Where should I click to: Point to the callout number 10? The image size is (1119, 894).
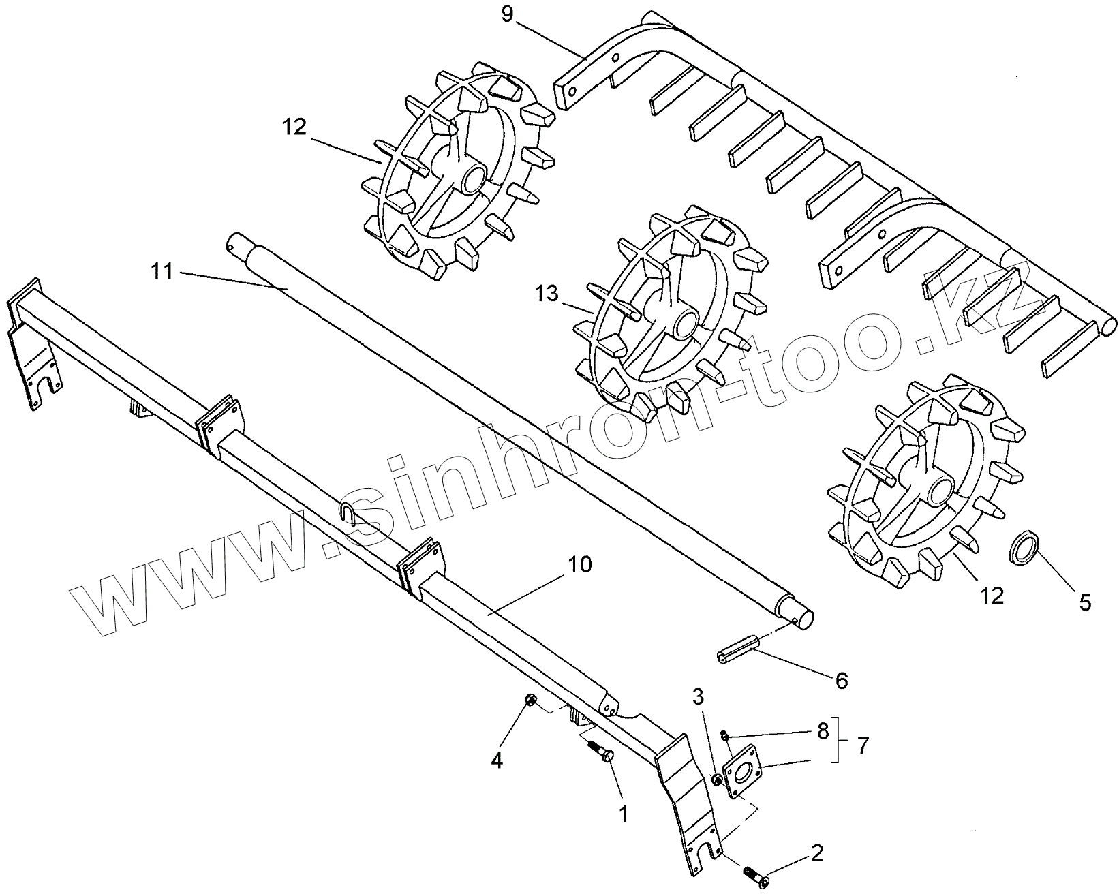[x=579, y=563]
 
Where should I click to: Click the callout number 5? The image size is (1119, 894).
[x=1085, y=602]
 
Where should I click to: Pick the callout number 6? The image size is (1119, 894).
[x=842, y=679]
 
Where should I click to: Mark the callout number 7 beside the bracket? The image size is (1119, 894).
[x=863, y=745]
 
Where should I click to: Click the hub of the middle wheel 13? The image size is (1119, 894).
[x=684, y=322]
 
